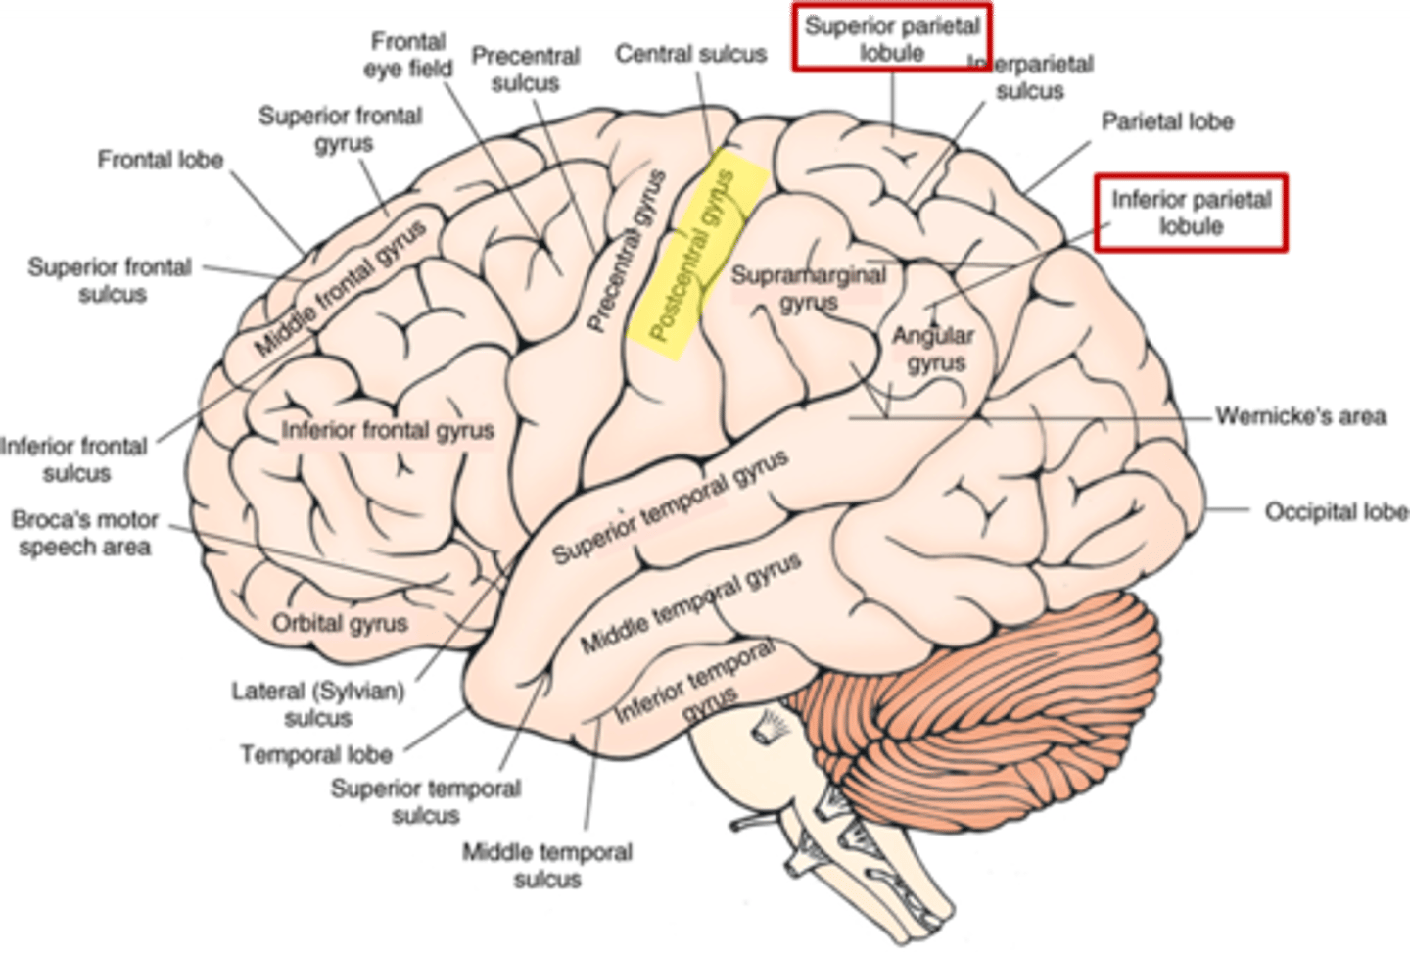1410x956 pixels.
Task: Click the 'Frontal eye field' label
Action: click(x=408, y=55)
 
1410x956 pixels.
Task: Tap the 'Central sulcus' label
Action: click(x=690, y=54)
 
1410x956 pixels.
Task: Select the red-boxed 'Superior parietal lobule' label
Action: click(x=892, y=39)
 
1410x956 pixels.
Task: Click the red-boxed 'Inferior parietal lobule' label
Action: click(x=1191, y=213)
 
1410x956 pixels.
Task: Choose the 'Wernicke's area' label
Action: click(x=1300, y=416)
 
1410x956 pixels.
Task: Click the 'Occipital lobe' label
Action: click(x=1336, y=511)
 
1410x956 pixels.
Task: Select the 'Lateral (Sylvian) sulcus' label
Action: click(x=318, y=704)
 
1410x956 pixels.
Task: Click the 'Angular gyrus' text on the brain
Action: click(x=933, y=349)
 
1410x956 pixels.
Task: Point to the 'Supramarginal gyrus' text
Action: click(x=809, y=288)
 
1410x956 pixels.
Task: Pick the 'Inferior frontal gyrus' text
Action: click(x=388, y=430)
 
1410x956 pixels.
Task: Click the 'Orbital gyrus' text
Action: click(x=340, y=623)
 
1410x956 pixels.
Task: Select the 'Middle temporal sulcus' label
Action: click(x=547, y=865)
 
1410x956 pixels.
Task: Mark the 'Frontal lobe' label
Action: click(x=161, y=159)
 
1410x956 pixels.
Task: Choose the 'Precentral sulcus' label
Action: click(x=526, y=69)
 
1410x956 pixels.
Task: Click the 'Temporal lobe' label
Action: click(x=316, y=755)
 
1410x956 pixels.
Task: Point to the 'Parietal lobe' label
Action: click(x=1167, y=121)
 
